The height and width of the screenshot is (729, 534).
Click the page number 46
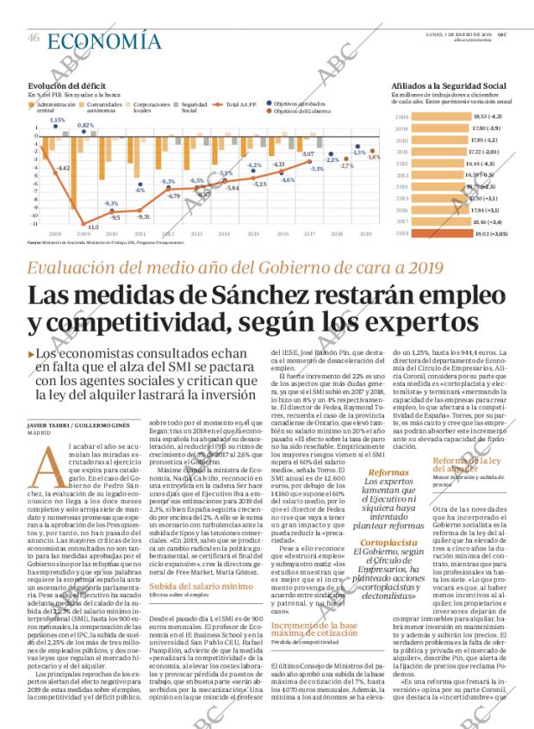tap(34, 38)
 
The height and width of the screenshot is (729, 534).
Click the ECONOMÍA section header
tap(103, 39)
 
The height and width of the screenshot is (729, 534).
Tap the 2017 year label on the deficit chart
tap(309, 234)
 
